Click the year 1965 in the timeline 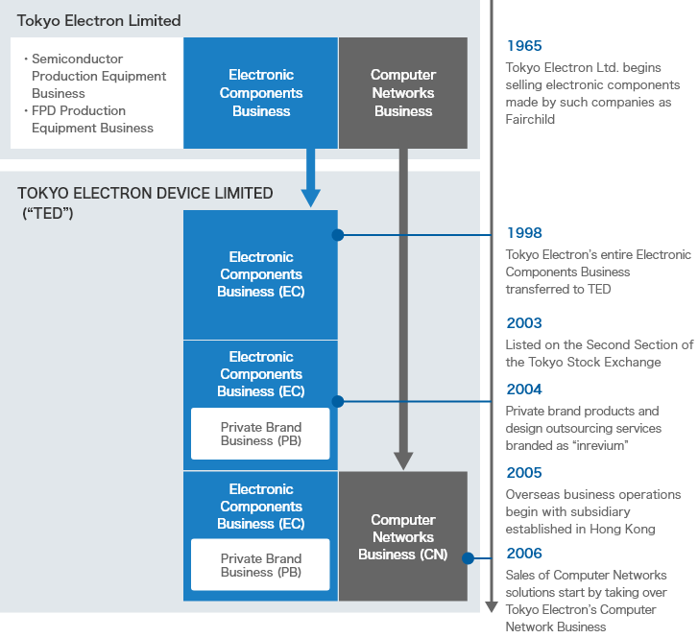523,46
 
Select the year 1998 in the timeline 523,233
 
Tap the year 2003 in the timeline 523,323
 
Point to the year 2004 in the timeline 523,390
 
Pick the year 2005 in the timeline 523,473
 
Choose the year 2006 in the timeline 523,554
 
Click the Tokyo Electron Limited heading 99,20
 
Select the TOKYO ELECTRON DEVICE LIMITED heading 145,193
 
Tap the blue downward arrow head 310,198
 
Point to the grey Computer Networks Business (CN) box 403,536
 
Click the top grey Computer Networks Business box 403,93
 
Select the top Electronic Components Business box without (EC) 261,93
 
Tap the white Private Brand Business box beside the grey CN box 260,565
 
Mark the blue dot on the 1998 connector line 338,234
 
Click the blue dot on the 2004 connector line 338,401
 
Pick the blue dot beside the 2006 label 468,557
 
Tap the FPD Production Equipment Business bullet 92,120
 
